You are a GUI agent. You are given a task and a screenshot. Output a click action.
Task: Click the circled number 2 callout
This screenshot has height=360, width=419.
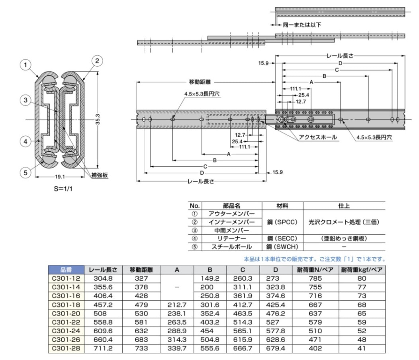97,61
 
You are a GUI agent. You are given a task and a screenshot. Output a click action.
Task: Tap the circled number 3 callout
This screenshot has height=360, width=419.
25,100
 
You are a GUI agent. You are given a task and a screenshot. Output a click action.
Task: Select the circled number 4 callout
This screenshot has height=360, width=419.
25,141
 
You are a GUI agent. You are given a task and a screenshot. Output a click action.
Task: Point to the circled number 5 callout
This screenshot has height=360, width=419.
25,172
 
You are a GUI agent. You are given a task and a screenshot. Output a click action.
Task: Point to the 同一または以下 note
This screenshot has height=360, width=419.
302,25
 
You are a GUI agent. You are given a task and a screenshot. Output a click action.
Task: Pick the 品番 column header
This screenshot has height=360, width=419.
66,270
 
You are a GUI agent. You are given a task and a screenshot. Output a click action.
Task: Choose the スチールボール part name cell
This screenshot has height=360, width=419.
232,247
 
